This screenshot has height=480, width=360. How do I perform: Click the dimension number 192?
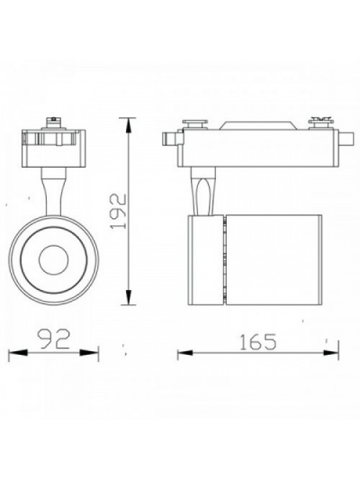coord(119,212)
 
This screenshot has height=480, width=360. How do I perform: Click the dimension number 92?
coord(53,338)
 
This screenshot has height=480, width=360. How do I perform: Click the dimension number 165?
coord(258,342)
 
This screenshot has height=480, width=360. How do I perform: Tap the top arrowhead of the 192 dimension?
coord(129,126)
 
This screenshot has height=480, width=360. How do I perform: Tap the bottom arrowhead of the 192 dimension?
coord(129,296)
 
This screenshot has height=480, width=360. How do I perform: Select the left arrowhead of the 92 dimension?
coord(18,353)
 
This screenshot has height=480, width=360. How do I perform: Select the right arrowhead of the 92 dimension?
coord(89,353)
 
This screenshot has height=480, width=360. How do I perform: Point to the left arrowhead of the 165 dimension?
coord(185,353)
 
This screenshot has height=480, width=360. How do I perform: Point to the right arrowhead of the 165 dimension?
coord(331,353)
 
